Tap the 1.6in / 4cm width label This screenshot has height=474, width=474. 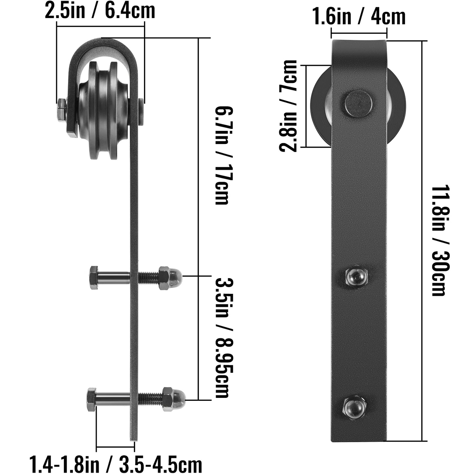point(360,17)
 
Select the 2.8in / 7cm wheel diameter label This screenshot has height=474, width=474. point(288,106)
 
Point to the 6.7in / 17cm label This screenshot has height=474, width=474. point(224,155)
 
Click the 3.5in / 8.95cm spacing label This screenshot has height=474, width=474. point(224,339)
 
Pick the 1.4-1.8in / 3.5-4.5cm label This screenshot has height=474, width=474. point(116,464)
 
